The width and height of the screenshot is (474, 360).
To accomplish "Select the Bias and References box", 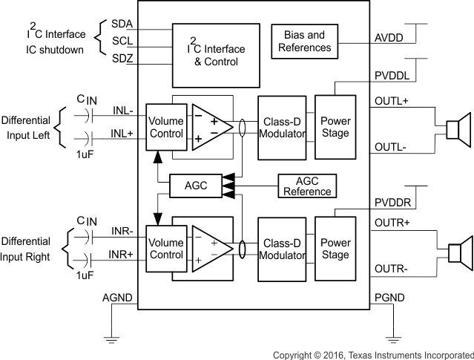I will click(306, 41).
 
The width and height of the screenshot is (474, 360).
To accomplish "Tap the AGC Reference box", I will click(306, 186).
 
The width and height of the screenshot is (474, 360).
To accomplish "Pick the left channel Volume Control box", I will click(165, 127).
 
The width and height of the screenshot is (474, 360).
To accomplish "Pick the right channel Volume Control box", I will click(165, 249).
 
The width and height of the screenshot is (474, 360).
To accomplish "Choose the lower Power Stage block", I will click(335, 249).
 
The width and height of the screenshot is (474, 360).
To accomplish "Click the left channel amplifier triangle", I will click(208, 127).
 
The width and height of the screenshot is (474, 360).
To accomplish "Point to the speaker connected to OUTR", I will click(458, 252).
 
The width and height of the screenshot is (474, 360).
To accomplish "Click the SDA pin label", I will click(122, 22).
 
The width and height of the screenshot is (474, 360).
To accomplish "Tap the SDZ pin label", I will click(122, 59).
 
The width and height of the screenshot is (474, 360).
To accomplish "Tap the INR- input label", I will click(122, 231).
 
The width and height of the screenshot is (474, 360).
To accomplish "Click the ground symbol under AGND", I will click(112, 338).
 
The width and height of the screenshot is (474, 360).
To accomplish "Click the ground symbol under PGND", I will click(391, 338).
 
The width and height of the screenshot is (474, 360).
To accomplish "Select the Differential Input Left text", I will click(27, 127).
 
